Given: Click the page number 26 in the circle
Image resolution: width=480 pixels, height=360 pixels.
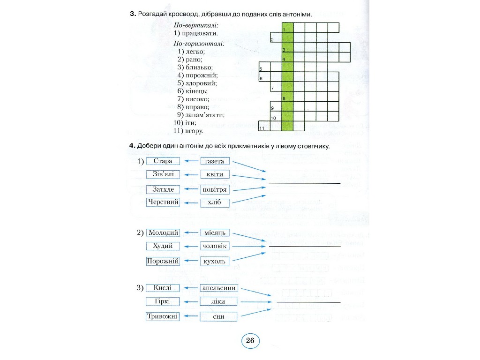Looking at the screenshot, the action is pos(250,340).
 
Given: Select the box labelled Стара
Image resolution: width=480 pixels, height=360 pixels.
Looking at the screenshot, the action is pos(163,161).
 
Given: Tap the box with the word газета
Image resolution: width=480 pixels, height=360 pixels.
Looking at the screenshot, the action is pos(215,161).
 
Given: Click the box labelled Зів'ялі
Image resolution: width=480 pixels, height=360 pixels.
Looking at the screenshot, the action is pos(163,174).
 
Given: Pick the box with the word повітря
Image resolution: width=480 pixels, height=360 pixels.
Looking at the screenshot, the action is pos(215,189).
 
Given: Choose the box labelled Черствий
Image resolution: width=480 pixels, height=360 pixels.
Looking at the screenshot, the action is pos(163,202).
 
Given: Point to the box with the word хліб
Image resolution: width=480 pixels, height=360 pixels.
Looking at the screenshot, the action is pos(215,202).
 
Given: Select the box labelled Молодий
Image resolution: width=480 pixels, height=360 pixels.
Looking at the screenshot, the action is pos(163,232).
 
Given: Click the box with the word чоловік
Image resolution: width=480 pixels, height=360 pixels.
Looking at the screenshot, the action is pos(215,246).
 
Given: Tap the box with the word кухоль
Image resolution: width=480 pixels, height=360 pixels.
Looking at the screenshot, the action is pos(215,262).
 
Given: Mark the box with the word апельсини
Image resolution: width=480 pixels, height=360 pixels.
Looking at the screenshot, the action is pos(218,288).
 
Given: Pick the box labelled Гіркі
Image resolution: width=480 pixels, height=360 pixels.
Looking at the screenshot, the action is pos(163,301).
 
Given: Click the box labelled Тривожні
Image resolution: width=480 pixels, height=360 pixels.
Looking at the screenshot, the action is pos(163,316).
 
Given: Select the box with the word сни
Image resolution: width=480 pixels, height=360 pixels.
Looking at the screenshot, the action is pos(218,317).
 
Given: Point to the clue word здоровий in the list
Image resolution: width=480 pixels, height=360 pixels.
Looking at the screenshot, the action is pos(201,83).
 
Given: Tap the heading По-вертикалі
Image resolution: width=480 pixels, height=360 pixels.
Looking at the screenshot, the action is pos(196,25).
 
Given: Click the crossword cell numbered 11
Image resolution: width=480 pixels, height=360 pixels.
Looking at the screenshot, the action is pos(264,126).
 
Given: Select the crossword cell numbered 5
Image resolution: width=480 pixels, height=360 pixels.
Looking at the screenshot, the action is pos(264,67).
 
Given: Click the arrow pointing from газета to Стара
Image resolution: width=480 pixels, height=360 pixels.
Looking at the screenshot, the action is pos(191,161).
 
